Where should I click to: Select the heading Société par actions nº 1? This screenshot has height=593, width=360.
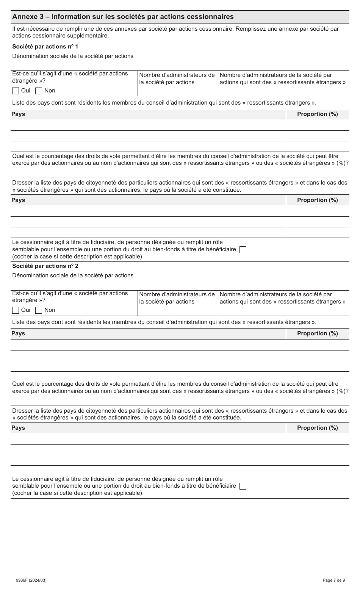pos(45,47)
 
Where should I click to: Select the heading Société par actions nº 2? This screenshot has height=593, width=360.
pos(45,266)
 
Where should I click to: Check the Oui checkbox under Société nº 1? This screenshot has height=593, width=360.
pos(16,91)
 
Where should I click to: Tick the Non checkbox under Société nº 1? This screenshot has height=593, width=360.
pos(39,91)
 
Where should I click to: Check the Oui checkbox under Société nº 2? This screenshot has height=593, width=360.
pos(16,310)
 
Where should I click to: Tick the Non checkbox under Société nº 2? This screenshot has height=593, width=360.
pos(39,310)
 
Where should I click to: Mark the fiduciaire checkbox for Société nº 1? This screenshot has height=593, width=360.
pos(243,250)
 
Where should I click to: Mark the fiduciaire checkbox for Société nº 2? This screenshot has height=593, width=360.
pos(243,486)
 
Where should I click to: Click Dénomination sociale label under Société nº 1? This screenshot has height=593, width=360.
pos(73,56)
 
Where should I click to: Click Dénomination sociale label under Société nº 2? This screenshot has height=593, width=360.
pos(73,275)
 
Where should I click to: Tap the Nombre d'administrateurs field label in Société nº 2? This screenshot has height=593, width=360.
pos(177,298)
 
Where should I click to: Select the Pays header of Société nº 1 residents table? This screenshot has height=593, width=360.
pos(18,114)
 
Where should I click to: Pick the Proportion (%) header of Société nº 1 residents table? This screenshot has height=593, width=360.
pos(317,114)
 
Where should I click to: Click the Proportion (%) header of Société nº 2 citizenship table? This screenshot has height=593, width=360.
pos(317,428)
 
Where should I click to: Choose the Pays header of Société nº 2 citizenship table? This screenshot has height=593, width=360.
pos(18,428)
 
